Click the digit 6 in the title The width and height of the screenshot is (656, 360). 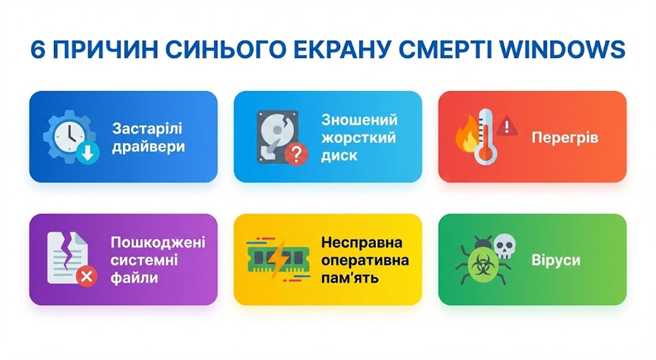pyautogui.click(x=38, y=49)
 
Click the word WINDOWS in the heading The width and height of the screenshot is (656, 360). pyautogui.click(x=562, y=49)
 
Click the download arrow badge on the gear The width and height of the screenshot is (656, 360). pyautogui.click(x=88, y=153)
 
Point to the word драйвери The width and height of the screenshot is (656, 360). pyautogui.click(x=149, y=147)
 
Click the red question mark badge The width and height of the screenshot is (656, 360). pyautogui.click(x=296, y=154)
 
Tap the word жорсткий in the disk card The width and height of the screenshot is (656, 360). pyautogui.click(x=359, y=138)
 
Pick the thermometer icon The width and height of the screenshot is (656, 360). pyautogui.click(x=485, y=136)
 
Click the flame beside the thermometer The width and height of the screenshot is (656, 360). pyautogui.click(x=466, y=135)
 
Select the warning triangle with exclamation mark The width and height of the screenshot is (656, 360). pyautogui.click(x=507, y=126)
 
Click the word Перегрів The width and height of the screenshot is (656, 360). pyautogui.click(x=565, y=138)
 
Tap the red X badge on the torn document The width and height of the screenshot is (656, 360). pyautogui.click(x=87, y=276)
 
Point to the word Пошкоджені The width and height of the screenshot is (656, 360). pyautogui.click(x=158, y=242)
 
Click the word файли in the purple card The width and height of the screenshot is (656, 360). pyautogui.click(x=134, y=277)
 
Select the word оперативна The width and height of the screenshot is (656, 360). pyautogui.click(x=365, y=261)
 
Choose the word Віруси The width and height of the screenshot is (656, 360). pyautogui.click(x=556, y=260)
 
